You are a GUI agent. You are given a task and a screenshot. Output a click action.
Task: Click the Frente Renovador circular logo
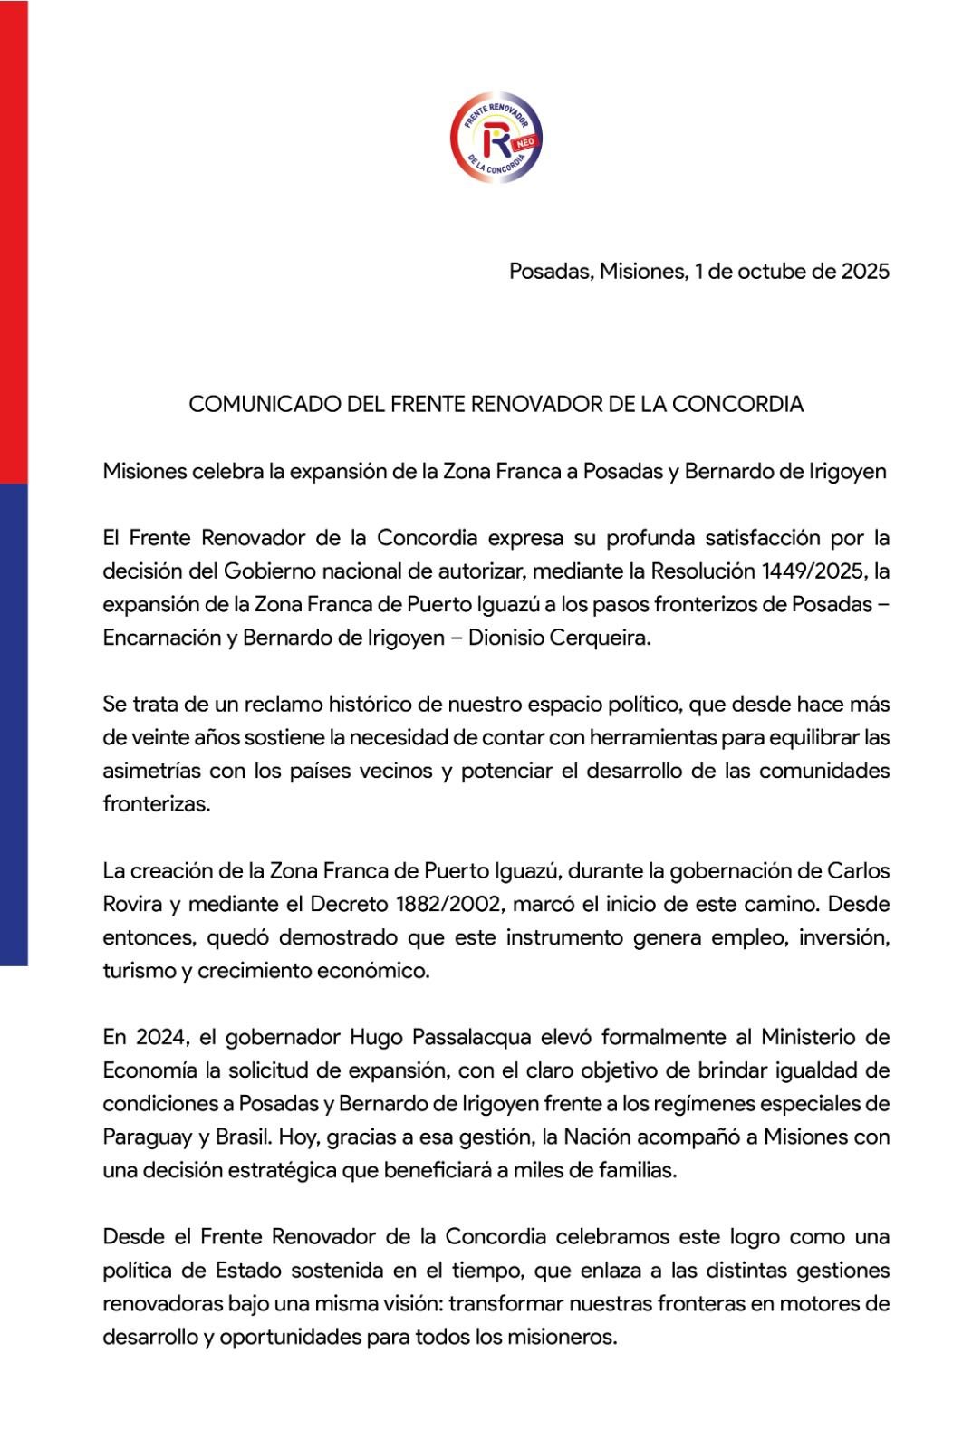(x=496, y=137)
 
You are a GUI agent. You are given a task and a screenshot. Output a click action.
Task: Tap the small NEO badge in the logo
(x=526, y=142)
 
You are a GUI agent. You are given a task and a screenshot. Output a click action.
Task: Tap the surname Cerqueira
(x=605, y=638)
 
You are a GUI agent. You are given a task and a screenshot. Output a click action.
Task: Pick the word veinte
(x=155, y=737)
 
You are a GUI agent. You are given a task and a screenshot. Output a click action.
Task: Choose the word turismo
(x=139, y=971)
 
